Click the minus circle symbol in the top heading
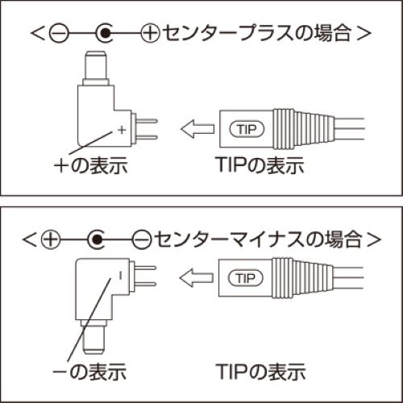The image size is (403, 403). [x=59, y=33]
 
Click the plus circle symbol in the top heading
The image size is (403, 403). [x=151, y=33]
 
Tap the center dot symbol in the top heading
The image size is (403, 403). [x=105, y=33]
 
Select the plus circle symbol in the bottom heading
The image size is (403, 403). [x=51, y=239]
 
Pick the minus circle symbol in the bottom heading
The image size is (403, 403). [x=142, y=239]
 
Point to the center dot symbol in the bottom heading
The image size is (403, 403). [x=97, y=239]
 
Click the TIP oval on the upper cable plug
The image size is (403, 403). [x=247, y=130]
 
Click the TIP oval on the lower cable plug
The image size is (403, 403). [x=246, y=278]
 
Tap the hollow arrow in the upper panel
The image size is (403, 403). [x=198, y=129]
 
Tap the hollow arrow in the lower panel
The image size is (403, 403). [x=197, y=278]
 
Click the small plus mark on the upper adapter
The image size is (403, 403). [x=122, y=130]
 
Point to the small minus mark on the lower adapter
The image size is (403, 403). [x=120, y=276]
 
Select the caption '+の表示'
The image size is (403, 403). [x=91, y=165]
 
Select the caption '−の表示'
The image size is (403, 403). [x=89, y=372]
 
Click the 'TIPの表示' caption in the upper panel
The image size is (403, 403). [x=260, y=165]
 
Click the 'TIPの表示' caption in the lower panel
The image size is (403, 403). [x=261, y=372]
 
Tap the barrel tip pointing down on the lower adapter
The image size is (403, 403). [x=93, y=337]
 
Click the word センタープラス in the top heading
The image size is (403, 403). [x=228, y=33]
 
